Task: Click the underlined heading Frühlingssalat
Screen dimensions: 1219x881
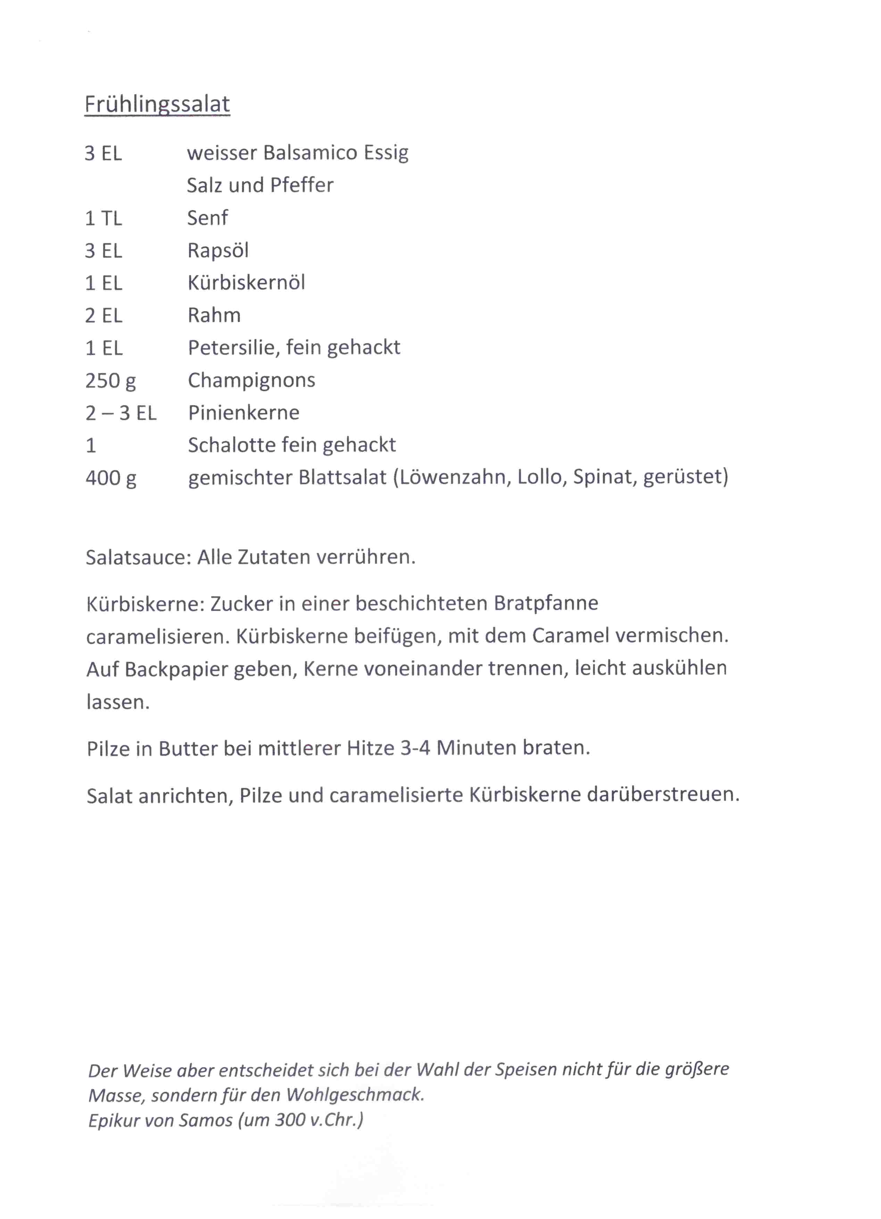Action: [x=157, y=104]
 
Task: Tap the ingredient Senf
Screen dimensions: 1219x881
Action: [x=207, y=218]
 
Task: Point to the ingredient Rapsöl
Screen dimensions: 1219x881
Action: [x=218, y=250]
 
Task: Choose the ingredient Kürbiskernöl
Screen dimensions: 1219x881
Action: [x=246, y=283]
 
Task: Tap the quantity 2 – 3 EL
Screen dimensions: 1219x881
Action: [x=121, y=413]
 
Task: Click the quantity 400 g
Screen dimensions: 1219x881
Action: [x=111, y=478]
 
